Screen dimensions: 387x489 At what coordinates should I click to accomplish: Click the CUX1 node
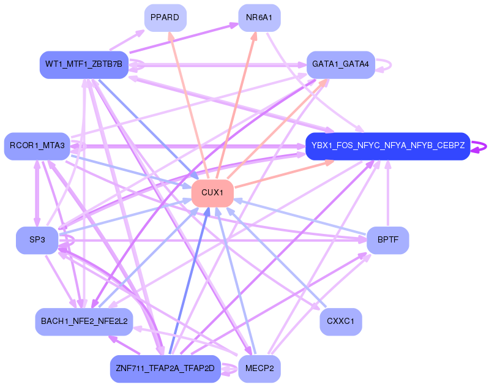coord(212,193)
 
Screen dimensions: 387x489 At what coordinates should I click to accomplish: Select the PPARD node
coord(165,18)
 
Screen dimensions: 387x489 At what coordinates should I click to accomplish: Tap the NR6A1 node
coord(259,18)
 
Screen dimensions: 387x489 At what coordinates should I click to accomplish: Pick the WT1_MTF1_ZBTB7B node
coord(84,64)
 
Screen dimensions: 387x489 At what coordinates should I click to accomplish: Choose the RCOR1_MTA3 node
coord(37,146)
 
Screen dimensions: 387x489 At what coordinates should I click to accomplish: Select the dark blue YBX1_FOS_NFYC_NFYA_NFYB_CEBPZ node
coord(387,146)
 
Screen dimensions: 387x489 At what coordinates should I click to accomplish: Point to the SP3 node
coord(37,240)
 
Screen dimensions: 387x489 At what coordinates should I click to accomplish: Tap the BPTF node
coord(387,240)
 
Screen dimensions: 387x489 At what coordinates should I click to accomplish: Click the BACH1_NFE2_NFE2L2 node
coord(84,321)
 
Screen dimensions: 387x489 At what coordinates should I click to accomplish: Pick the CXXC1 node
coord(340,321)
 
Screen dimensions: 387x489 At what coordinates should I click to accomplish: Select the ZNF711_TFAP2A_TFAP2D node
coord(165,369)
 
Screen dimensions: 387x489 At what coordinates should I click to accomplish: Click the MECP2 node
coord(259,369)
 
